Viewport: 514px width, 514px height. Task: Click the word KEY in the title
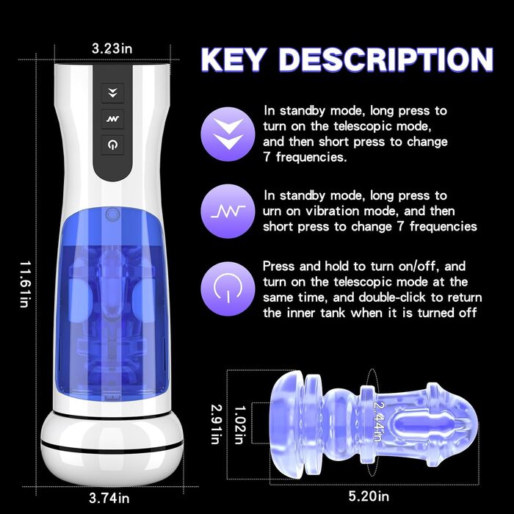click(x=233, y=59)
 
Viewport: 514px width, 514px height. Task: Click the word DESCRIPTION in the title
click(x=386, y=59)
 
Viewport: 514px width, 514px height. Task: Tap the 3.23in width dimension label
click(x=112, y=48)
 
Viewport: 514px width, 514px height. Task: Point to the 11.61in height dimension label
click(x=25, y=284)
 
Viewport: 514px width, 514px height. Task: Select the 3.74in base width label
click(x=109, y=499)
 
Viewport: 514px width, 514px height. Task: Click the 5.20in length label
click(x=369, y=496)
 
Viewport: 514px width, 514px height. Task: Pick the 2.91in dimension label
click(x=217, y=424)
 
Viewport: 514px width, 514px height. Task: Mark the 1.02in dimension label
click(x=240, y=425)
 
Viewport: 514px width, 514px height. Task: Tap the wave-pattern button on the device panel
click(x=112, y=119)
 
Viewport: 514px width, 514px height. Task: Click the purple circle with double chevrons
click(x=228, y=134)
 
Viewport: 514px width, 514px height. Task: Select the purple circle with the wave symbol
click(x=228, y=211)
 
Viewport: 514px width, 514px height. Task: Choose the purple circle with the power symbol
click(x=228, y=289)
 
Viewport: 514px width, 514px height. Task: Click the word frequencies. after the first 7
click(x=311, y=157)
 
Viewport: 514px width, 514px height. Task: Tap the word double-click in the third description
click(x=392, y=297)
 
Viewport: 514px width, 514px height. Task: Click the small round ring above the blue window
click(x=113, y=214)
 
